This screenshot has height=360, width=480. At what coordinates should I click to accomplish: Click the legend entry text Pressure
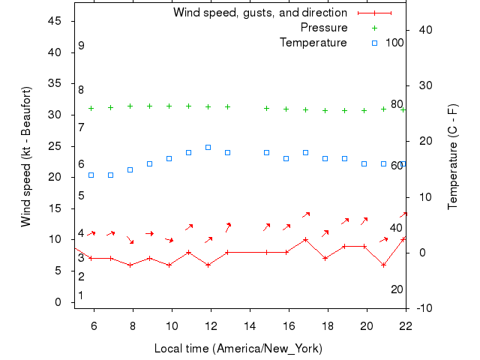click(324, 28)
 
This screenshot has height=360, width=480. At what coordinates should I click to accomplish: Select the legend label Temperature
click(313, 43)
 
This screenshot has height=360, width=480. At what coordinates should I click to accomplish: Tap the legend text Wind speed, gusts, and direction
click(260, 13)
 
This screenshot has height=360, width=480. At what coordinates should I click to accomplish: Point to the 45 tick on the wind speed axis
click(54, 21)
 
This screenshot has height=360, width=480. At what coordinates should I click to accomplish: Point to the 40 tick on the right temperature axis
click(421, 30)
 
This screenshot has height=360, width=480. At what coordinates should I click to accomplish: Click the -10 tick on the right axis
click(421, 308)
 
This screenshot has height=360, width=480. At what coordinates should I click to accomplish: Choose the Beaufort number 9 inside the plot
click(81, 46)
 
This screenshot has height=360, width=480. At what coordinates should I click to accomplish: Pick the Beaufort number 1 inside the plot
click(81, 295)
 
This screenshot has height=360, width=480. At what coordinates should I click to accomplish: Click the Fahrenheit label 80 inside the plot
click(397, 104)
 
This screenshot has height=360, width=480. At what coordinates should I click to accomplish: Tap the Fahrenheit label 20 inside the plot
click(397, 289)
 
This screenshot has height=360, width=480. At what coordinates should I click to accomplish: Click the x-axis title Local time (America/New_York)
click(238, 349)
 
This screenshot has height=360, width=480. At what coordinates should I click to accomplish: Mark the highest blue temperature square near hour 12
click(208, 147)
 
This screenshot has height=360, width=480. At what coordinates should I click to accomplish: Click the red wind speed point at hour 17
click(305, 240)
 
